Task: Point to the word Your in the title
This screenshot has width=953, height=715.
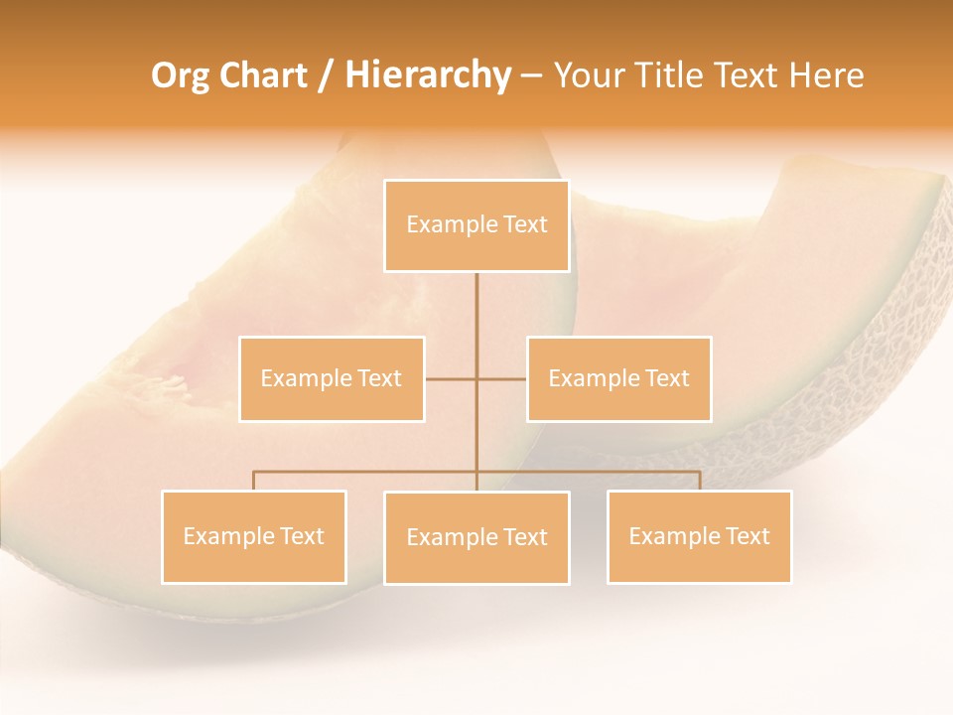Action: [x=586, y=76]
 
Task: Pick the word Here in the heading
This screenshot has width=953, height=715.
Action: [x=825, y=76]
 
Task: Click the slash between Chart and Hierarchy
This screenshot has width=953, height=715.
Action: [x=325, y=76]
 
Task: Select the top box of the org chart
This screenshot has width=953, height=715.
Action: [x=476, y=225]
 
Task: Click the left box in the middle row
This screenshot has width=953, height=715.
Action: [x=332, y=379]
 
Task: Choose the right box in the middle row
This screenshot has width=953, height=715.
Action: [x=618, y=379]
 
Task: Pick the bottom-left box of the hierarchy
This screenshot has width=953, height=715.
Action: [x=253, y=537]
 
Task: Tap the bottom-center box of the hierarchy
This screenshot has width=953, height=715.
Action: [x=476, y=538]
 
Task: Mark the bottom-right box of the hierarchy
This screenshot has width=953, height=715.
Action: [x=699, y=537]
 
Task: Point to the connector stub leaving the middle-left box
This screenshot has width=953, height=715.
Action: [x=449, y=379]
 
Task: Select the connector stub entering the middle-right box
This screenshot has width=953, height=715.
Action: [x=503, y=379]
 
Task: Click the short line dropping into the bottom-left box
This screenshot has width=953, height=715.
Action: [x=253, y=481]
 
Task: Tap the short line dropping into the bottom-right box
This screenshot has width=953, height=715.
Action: [x=700, y=481]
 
